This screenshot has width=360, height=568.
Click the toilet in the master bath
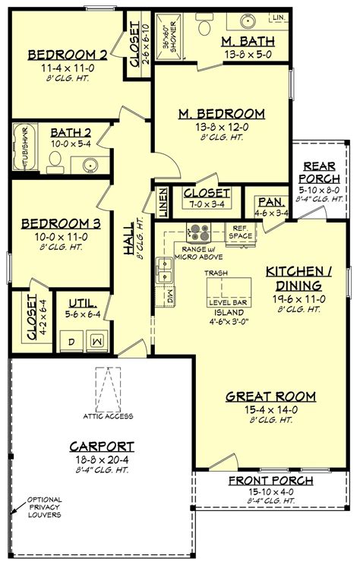205,26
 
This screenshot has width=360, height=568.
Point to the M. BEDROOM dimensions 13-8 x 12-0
221,127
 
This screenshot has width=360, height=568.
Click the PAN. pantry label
271,202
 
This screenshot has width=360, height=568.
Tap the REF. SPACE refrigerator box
241,232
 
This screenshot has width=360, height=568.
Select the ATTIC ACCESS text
108,415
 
